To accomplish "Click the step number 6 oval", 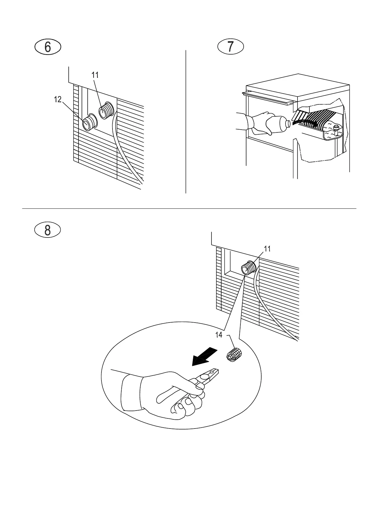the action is [x=47, y=47].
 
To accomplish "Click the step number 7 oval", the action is [x=231, y=47].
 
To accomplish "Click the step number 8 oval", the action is [x=47, y=230].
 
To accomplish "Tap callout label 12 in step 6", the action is [x=58, y=100].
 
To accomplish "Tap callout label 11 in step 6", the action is [x=95, y=75].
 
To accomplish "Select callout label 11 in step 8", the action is [x=267, y=249].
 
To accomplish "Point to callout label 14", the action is [x=219, y=335].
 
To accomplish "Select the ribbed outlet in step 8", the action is [x=248, y=268].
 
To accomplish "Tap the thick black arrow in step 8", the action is [x=205, y=356].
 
